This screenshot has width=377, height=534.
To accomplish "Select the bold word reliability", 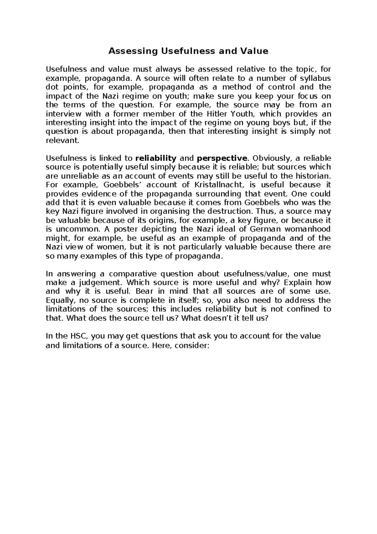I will coord(156,158).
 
